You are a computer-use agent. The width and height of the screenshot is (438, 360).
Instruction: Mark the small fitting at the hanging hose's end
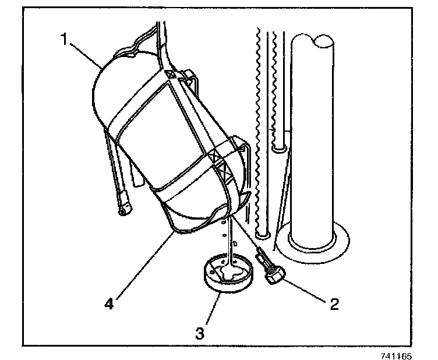tap(123, 207)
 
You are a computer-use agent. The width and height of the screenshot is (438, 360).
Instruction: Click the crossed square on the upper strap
tap(169, 75)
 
